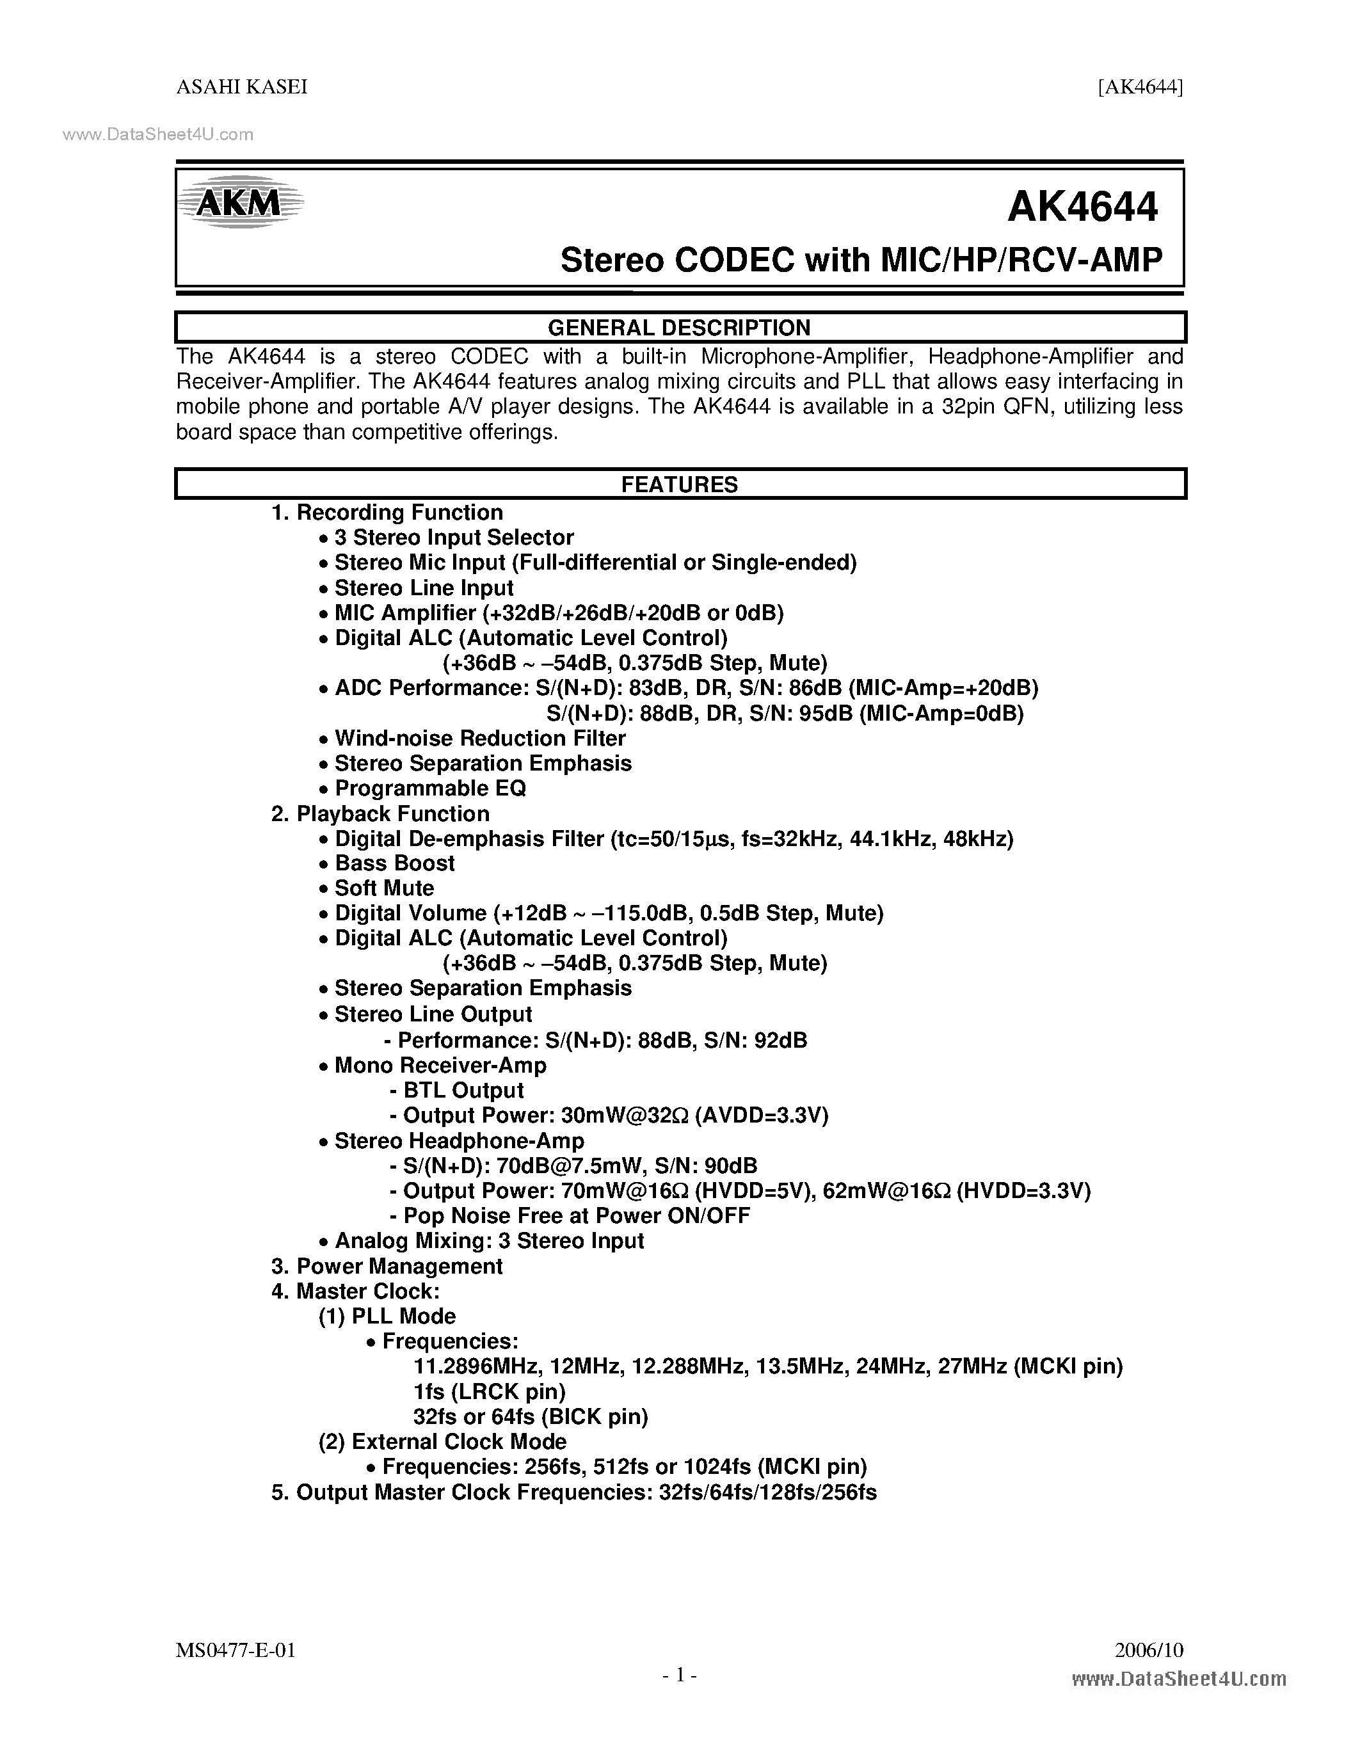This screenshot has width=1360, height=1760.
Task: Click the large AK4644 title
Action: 1082,207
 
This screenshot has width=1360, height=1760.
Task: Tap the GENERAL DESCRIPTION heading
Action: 679,327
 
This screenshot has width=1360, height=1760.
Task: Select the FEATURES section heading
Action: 679,484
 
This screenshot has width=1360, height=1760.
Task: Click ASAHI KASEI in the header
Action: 242,87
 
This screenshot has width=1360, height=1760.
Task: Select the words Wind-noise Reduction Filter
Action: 480,738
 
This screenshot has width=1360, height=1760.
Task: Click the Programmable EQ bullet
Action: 430,788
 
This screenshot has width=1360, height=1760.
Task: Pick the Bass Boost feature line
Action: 395,863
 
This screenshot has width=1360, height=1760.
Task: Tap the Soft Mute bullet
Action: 384,888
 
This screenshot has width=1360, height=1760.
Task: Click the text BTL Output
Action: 463,1091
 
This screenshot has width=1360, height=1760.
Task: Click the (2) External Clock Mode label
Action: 442,1442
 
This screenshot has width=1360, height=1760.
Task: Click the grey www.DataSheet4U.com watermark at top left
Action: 158,134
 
